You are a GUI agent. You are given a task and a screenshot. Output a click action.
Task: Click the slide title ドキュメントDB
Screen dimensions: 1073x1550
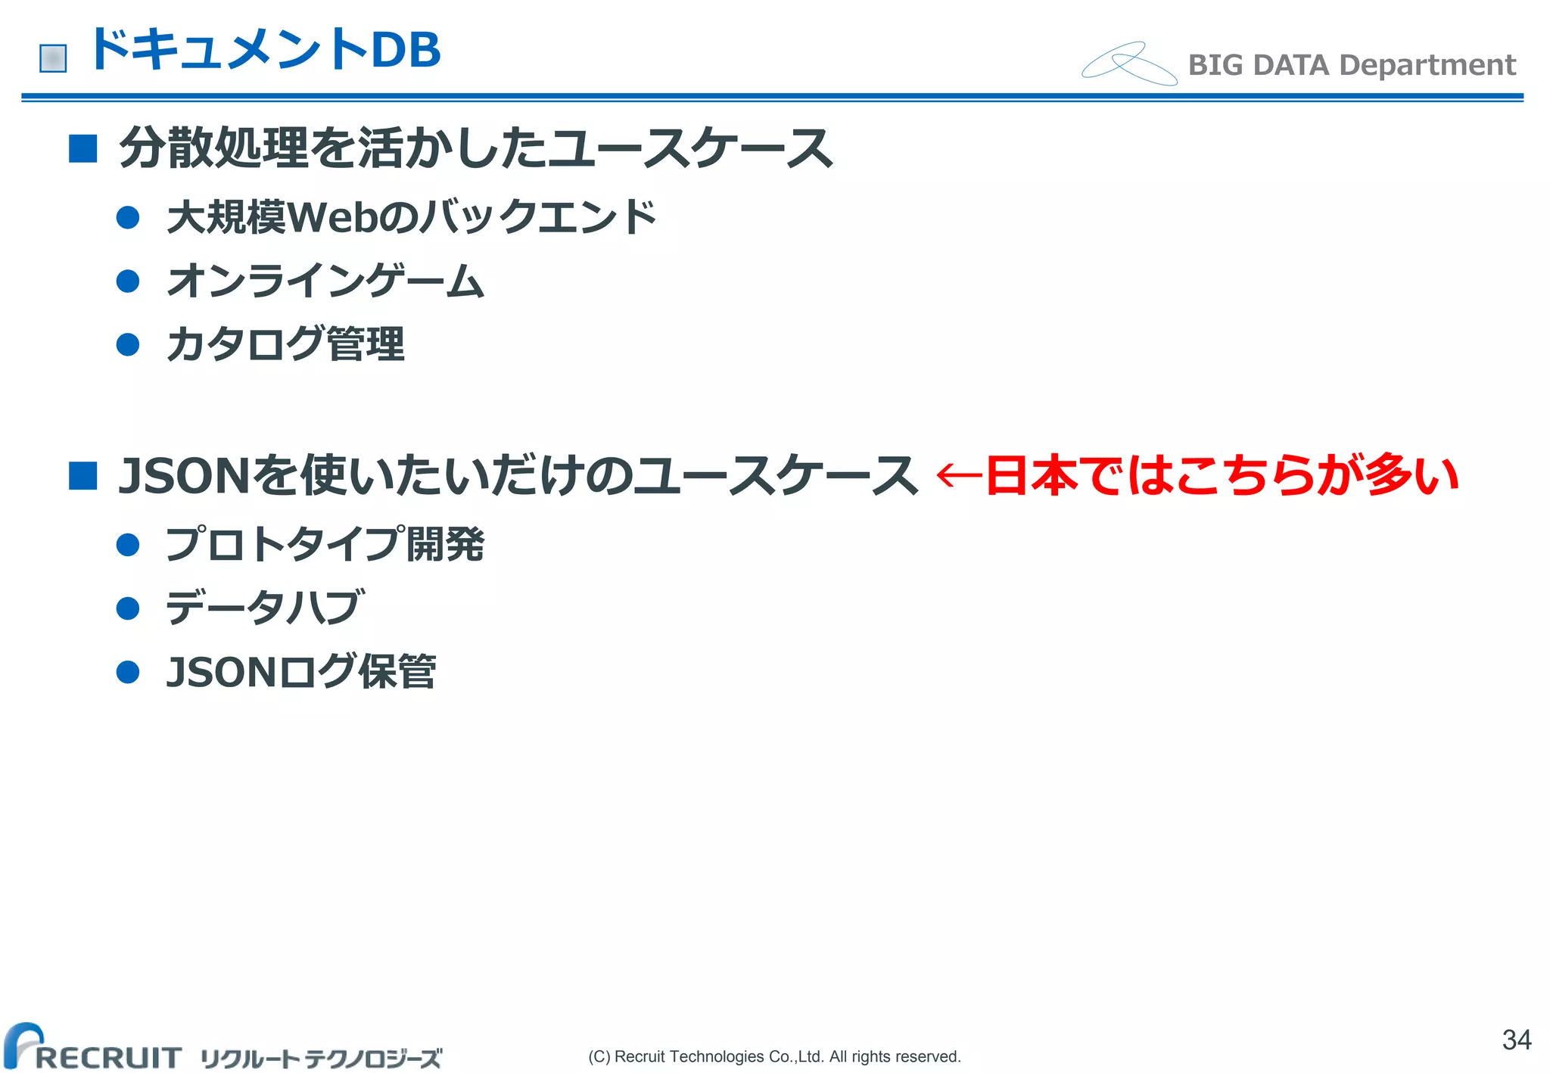click(x=265, y=50)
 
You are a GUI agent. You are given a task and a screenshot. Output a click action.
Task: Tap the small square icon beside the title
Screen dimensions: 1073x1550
click(x=53, y=58)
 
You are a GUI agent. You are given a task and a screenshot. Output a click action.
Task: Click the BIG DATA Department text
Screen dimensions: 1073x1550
click(x=1352, y=65)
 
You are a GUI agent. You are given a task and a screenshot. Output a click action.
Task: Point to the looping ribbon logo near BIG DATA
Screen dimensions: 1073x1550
click(x=1128, y=64)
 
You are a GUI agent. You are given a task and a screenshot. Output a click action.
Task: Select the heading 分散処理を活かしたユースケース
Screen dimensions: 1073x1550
click(x=475, y=148)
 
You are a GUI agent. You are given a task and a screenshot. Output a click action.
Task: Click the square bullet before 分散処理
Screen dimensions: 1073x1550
click(x=82, y=149)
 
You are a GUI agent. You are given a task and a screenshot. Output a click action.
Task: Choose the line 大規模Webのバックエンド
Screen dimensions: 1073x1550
click(x=411, y=218)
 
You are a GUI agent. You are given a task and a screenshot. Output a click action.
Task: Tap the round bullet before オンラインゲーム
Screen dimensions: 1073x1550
click(x=128, y=281)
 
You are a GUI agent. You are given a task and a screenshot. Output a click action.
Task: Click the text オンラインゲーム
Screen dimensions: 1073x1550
click(x=325, y=281)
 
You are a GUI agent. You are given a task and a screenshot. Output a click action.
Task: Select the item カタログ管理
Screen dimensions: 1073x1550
click(x=285, y=345)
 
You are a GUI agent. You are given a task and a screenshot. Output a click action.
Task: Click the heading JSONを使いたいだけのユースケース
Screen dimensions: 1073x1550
click(x=518, y=476)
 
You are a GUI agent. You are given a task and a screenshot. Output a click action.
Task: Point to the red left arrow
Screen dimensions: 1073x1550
click(x=958, y=476)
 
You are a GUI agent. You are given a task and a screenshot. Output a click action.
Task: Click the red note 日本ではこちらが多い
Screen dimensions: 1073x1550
click(x=1222, y=476)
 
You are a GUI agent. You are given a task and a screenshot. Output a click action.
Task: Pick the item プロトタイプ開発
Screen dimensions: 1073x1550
click(x=325, y=545)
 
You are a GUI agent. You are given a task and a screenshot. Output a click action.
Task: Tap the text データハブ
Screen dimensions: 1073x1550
click(x=265, y=608)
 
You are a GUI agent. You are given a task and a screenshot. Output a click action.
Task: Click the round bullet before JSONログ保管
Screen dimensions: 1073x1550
click(x=128, y=672)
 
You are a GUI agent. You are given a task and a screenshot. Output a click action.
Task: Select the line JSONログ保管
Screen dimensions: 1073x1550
click(x=300, y=672)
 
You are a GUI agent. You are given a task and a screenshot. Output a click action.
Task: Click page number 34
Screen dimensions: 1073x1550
click(x=1516, y=1040)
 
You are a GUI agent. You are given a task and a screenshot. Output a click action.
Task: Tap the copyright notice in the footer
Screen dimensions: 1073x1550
click(x=774, y=1056)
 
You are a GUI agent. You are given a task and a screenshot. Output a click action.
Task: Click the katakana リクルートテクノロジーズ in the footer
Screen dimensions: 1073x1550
click(x=321, y=1058)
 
